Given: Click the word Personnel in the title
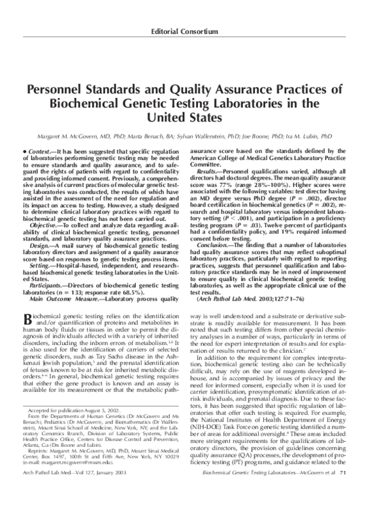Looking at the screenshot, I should click(60, 90).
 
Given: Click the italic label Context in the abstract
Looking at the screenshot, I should click(39, 151).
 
